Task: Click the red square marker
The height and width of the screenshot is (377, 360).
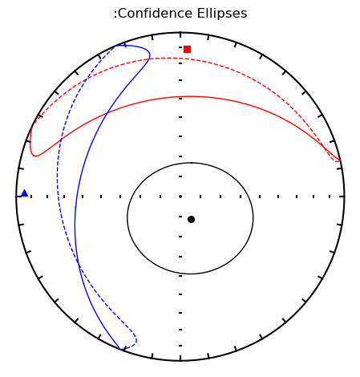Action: [x=187, y=50]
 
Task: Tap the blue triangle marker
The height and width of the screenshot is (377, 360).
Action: [x=25, y=193]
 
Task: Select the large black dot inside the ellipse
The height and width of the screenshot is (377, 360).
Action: [x=191, y=220]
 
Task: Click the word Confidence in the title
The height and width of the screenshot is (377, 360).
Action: [x=155, y=14]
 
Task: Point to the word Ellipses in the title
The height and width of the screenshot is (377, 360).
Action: [x=222, y=14]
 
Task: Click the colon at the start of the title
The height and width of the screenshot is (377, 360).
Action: [x=115, y=14]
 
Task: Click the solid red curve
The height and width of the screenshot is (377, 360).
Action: [x=190, y=96]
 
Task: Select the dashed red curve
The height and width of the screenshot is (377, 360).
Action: [x=168, y=58]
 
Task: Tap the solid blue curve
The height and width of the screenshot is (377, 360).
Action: [x=75, y=214]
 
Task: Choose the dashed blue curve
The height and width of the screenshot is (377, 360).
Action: [x=57, y=176]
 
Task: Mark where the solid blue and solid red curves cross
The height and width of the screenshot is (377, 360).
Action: [x=107, y=113]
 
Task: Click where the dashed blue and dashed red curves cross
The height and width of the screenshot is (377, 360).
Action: [x=86, y=79]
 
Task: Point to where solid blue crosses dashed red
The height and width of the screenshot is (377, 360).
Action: [x=148, y=59]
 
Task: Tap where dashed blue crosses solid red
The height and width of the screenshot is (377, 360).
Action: [x=61, y=140]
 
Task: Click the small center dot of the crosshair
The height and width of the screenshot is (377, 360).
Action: [x=180, y=197]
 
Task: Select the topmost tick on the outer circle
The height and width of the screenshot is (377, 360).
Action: [x=180, y=35]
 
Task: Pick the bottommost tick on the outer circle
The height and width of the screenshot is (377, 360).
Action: [x=180, y=358]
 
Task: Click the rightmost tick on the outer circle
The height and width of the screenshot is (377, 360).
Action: [x=342, y=197]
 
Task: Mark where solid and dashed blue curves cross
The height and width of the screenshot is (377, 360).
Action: [x=78, y=262]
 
